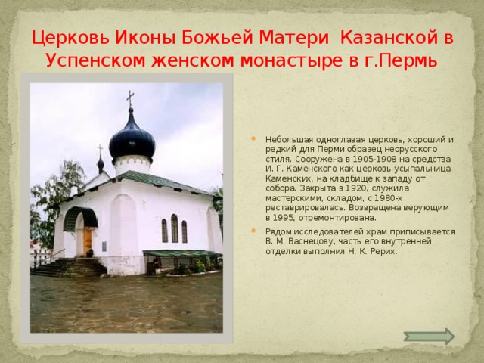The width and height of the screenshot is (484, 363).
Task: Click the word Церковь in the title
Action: click(x=70, y=38)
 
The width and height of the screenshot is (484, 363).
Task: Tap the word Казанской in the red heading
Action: click(x=388, y=38)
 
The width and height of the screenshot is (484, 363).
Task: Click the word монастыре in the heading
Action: click(x=291, y=60)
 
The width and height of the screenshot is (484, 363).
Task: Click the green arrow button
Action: click(x=429, y=336)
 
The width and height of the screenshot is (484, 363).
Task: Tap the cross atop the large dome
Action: click(x=131, y=98)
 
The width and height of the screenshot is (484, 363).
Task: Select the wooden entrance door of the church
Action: click(x=88, y=241)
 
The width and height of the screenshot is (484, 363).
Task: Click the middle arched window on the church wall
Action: click(x=175, y=228)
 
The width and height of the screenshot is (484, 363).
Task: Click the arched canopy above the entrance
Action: click(x=80, y=218)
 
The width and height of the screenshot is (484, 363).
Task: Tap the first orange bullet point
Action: click(x=253, y=138)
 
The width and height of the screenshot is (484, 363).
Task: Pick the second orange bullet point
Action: click(x=253, y=231)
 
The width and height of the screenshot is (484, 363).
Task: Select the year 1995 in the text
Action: click(x=282, y=218)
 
